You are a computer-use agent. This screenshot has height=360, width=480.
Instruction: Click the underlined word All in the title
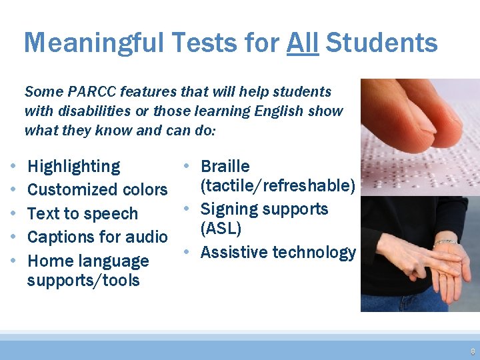point(303,43)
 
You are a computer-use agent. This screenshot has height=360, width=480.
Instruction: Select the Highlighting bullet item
point(73,167)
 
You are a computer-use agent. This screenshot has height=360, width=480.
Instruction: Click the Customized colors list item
point(97,190)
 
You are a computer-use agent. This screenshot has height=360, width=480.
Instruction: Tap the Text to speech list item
point(82,214)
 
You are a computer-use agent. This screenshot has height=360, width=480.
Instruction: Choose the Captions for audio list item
point(97,237)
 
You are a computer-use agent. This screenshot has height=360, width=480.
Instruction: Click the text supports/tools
point(83,280)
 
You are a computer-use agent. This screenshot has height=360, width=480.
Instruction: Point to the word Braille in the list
point(225,166)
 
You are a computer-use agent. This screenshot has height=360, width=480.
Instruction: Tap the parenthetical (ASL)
point(220,229)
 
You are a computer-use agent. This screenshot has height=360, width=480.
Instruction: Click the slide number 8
point(472,351)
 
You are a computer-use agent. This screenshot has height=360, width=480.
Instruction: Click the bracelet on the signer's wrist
point(445,242)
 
